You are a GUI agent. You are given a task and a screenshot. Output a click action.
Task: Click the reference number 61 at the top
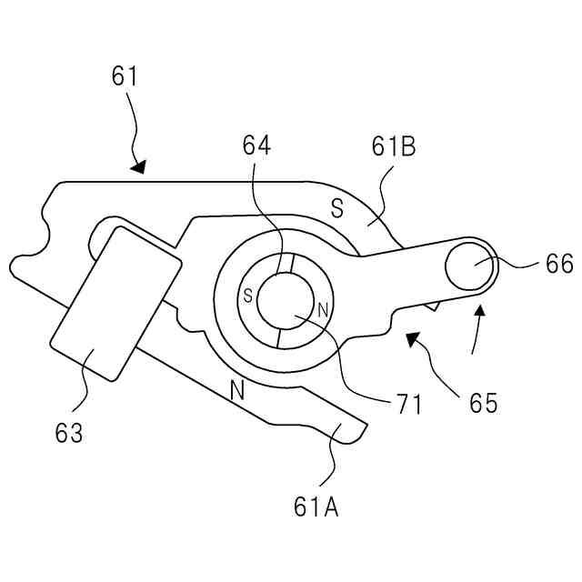coord(125,76)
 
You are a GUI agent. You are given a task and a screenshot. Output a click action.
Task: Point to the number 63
coord(69,432)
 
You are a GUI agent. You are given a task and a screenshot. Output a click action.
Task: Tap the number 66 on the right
coord(559,264)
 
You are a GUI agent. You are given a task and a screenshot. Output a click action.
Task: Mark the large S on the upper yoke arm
coord(336,210)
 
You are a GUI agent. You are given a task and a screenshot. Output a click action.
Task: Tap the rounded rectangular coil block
coord(115,303)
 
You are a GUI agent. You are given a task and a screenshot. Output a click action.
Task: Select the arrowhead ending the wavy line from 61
coord(138,166)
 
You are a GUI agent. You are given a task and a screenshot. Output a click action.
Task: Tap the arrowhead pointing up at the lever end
coord(480,315)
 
